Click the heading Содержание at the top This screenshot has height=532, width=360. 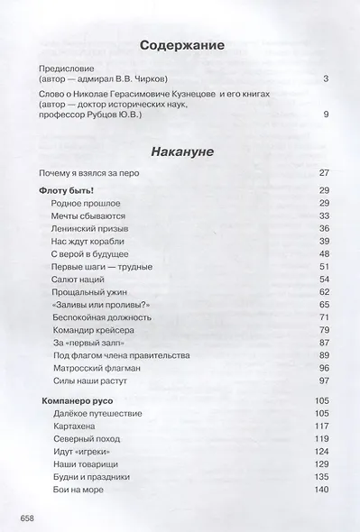click(x=180, y=47)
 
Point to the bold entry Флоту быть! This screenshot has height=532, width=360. click(x=68, y=190)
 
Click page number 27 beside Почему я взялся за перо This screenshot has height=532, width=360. click(x=325, y=172)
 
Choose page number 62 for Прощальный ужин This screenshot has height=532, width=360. click(x=325, y=293)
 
